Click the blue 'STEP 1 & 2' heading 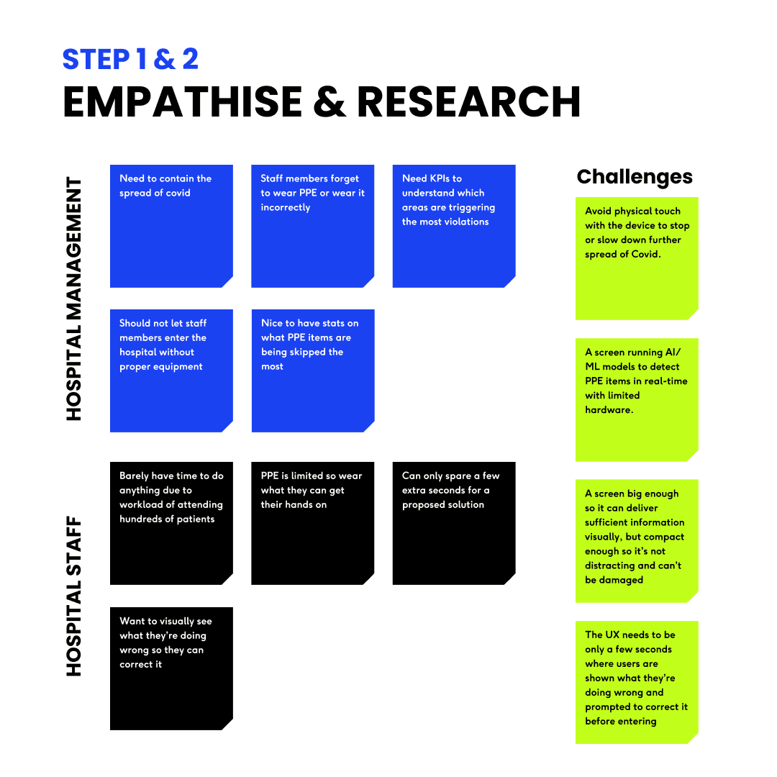tap(130, 59)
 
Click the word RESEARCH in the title tap(468, 101)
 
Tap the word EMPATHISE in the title tap(183, 101)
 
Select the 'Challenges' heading tap(635, 177)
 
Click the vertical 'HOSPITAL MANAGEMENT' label tap(75, 299)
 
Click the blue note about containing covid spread tap(171, 226)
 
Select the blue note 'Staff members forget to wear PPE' tap(312, 226)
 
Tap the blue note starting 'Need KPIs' tap(453, 226)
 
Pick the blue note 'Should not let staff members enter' tap(171, 371)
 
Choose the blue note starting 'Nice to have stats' tap(312, 371)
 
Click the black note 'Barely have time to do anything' tap(171, 523)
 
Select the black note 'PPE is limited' tap(312, 523)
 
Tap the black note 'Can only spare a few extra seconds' tap(453, 523)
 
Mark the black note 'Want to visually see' tap(171, 668)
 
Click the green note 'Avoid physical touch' tap(637, 258)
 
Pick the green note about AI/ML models tap(637, 399)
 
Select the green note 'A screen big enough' tap(637, 540)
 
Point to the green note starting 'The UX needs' tap(637, 681)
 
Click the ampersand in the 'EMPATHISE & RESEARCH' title tap(330, 101)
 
